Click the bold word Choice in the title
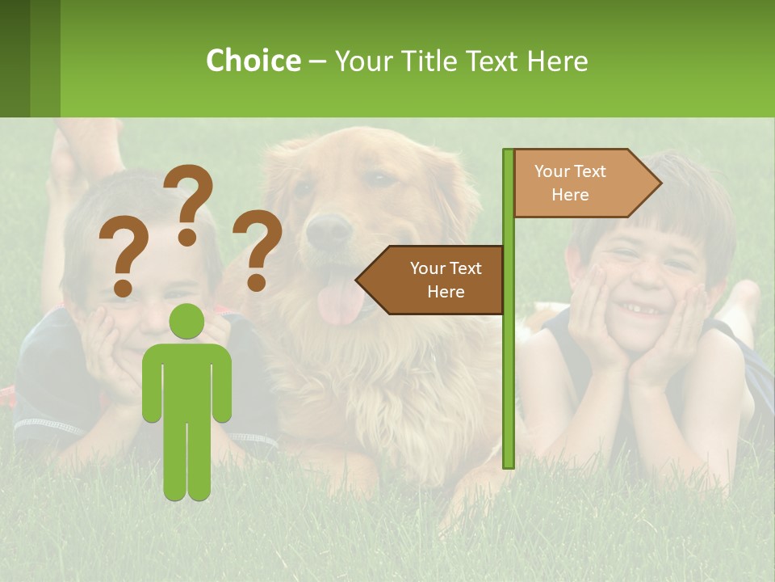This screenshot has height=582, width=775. pyautogui.click(x=253, y=61)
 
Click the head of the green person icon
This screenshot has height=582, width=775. pyautogui.click(x=187, y=322)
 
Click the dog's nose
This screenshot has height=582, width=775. pyautogui.click(x=329, y=231)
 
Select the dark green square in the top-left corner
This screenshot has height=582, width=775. pyautogui.click(x=15, y=58)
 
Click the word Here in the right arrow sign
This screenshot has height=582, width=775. pyautogui.click(x=570, y=195)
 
